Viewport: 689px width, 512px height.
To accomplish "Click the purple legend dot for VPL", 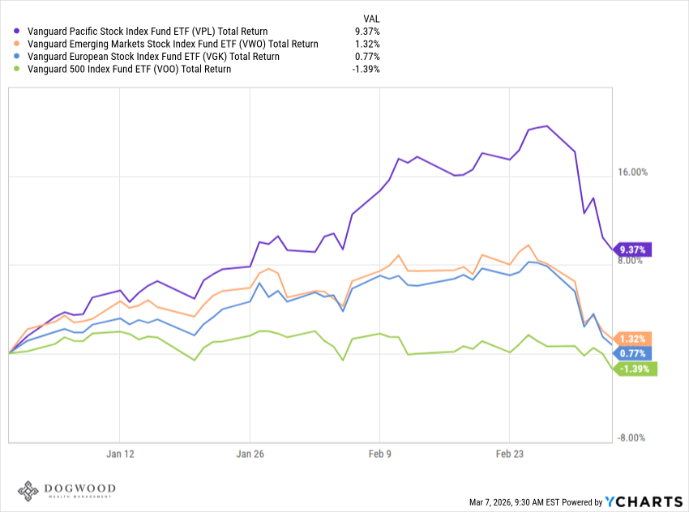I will click(19, 32).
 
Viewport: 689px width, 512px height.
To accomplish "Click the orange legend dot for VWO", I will click(19, 44).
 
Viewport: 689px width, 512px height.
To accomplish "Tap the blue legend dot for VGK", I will click(19, 57).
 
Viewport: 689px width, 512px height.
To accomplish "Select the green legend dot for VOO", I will click(19, 69).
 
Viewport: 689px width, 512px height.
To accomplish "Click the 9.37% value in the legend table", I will click(366, 32).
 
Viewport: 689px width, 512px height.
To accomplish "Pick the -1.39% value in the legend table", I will click(366, 69).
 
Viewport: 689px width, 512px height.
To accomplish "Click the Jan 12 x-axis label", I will click(119, 454).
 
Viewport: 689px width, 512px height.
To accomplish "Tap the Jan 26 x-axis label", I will click(250, 454).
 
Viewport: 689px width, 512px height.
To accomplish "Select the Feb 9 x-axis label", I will click(380, 454).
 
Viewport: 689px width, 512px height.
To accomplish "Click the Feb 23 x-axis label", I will click(509, 454).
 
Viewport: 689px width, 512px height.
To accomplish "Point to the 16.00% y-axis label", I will click(633, 173).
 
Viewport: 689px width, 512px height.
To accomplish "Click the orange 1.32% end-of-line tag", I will click(633, 339).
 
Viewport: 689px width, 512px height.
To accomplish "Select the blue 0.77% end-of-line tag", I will click(633, 353).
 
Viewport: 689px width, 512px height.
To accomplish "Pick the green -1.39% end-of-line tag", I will click(636, 369).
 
